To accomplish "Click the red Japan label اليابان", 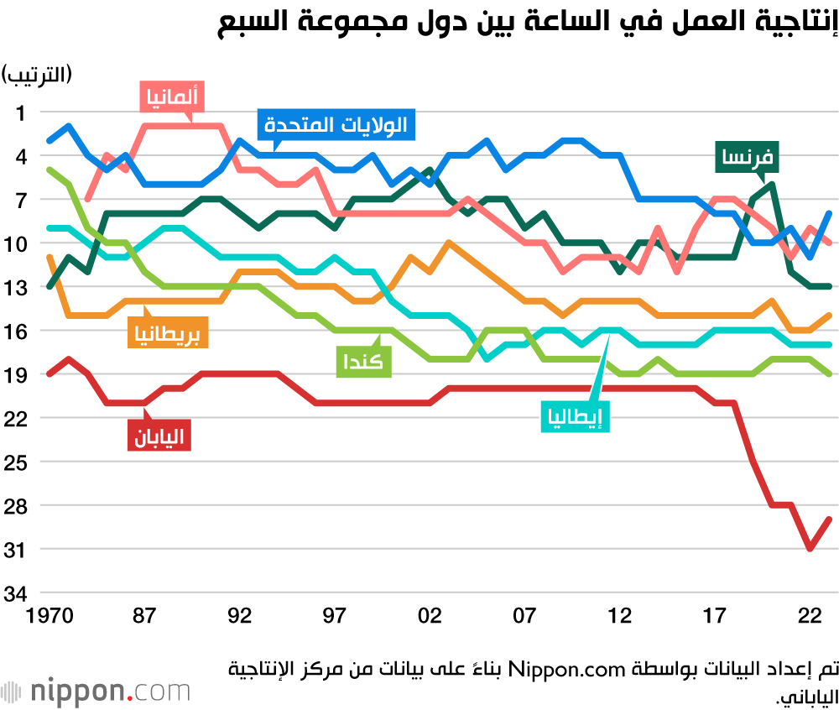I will click(159, 435).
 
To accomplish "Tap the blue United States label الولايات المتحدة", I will click(335, 126).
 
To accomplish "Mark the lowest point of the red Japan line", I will click(810, 549).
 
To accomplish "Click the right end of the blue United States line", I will click(829, 213).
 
